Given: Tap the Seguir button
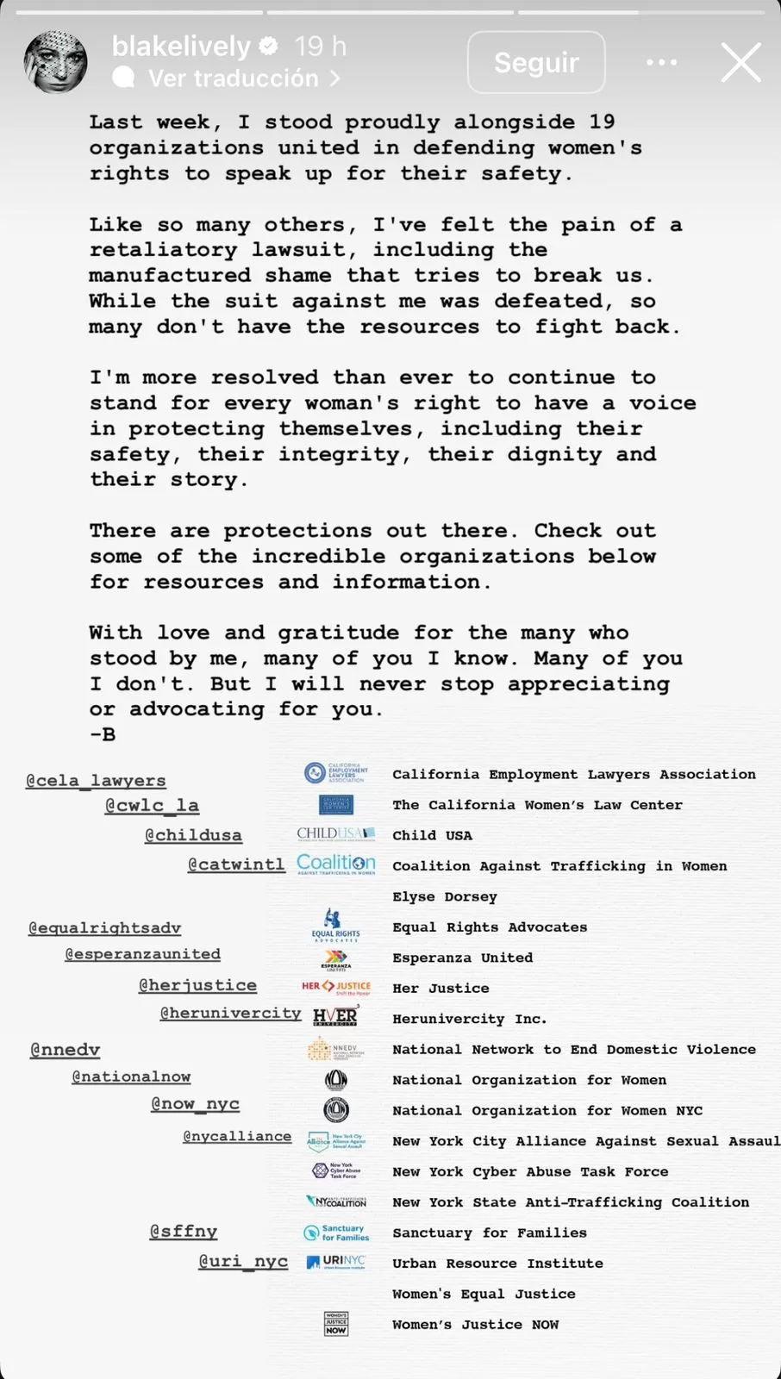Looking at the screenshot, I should tap(536, 62).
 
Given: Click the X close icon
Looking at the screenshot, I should tap(740, 62).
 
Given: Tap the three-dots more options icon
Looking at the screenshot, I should tap(661, 62).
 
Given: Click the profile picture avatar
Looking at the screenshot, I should tap(55, 62).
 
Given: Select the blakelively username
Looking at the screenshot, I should tap(181, 46).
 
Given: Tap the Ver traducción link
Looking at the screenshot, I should tap(233, 78).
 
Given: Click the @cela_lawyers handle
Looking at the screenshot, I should tap(96, 780).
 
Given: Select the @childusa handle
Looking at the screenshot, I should tap(193, 835).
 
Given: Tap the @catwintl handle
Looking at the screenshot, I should tap(236, 864).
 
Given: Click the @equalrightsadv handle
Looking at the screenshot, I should tap(105, 927).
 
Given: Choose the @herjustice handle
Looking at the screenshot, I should tap(197, 985).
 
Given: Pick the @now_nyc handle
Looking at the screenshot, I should tap(195, 1104).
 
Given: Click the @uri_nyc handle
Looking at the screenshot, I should tap(243, 1261).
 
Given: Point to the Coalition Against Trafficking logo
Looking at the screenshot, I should tap(336, 864).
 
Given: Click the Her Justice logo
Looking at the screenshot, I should tap(336, 987).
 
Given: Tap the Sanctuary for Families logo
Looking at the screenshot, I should tap(336, 1232).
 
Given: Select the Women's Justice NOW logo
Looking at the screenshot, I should tap(336, 1324).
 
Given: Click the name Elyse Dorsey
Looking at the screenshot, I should tap(445, 896).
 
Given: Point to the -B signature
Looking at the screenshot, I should tap(103, 734).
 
